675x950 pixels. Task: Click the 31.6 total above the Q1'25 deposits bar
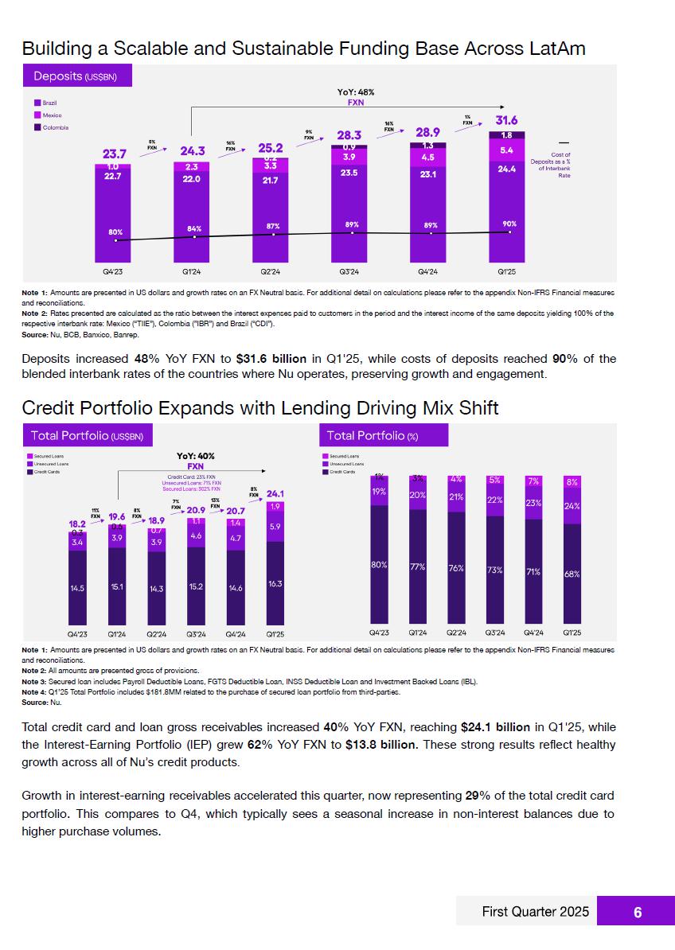pyautogui.click(x=506, y=120)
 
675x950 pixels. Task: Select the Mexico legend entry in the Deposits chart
pyautogui.click(x=52, y=115)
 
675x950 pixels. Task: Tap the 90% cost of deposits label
pyautogui.click(x=509, y=224)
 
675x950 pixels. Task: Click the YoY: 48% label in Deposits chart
pyautogui.click(x=356, y=92)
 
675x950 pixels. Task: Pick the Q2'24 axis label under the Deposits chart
pyautogui.click(x=272, y=271)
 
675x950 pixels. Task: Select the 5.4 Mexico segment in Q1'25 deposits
pyautogui.click(x=506, y=150)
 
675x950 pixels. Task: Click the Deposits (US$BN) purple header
pyautogui.click(x=75, y=76)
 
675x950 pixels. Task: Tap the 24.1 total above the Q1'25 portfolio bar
pyautogui.click(x=275, y=493)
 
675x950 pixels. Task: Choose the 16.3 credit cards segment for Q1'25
pyautogui.click(x=275, y=583)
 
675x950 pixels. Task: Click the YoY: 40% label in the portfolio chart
pyautogui.click(x=195, y=456)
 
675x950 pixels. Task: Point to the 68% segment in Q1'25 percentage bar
pyautogui.click(x=572, y=573)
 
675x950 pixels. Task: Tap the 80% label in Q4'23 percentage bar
pyautogui.click(x=379, y=564)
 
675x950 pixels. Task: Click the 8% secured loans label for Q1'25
pyautogui.click(x=572, y=482)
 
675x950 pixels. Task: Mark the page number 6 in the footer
pyautogui.click(x=637, y=913)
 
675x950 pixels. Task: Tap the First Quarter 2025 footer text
pyautogui.click(x=536, y=912)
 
